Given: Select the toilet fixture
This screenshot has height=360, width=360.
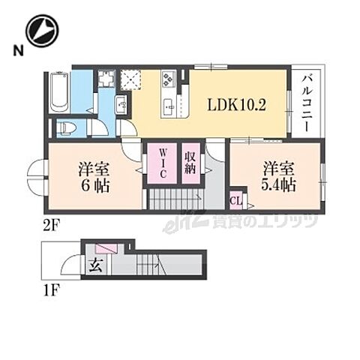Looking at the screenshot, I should pos(64,127).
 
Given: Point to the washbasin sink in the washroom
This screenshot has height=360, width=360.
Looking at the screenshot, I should pos(120,104).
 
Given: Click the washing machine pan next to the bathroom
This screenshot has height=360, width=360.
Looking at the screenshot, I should pos(105,79).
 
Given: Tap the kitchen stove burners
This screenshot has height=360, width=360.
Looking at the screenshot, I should pos(166,77).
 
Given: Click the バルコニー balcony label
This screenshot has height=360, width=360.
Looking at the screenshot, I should pos(307,102).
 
